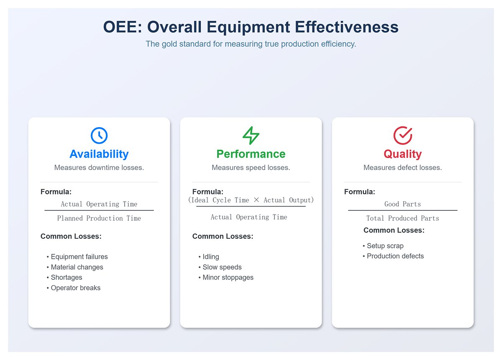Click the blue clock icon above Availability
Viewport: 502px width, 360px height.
click(99, 135)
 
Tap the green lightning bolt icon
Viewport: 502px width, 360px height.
click(251, 135)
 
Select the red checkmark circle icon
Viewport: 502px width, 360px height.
click(403, 135)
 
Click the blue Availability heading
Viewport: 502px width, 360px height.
click(99, 154)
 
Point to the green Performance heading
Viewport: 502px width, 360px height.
click(251, 154)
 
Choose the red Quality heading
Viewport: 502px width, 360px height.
click(403, 154)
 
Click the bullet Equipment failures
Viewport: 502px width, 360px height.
click(79, 257)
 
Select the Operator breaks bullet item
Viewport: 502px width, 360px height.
click(75, 288)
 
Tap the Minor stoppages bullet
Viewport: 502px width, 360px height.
click(228, 277)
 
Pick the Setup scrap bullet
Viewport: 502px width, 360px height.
click(385, 246)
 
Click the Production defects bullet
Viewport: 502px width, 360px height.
click(395, 256)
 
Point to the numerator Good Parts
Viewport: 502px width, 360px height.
click(403, 204)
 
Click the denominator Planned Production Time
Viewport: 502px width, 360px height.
click(99, 218)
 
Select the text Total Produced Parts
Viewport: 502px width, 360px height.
click(403, 218)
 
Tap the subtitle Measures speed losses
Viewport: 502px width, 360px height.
click(251, 168)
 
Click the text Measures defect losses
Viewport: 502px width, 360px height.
click(403, 168)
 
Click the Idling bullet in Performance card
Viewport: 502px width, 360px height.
click(211, 257)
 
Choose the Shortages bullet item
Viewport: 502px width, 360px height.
click(67, 277)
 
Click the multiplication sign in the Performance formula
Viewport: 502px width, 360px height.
click(256, 200)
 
